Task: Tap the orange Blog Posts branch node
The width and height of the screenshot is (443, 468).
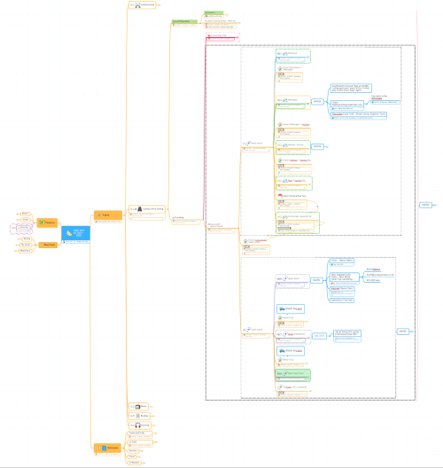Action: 49,244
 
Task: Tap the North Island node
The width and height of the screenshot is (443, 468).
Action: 253,143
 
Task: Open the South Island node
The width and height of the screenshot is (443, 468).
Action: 253,330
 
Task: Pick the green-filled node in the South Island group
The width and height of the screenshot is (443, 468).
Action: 291,374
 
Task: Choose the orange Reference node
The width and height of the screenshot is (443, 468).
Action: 106,448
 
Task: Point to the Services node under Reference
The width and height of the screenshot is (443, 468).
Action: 133,452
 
